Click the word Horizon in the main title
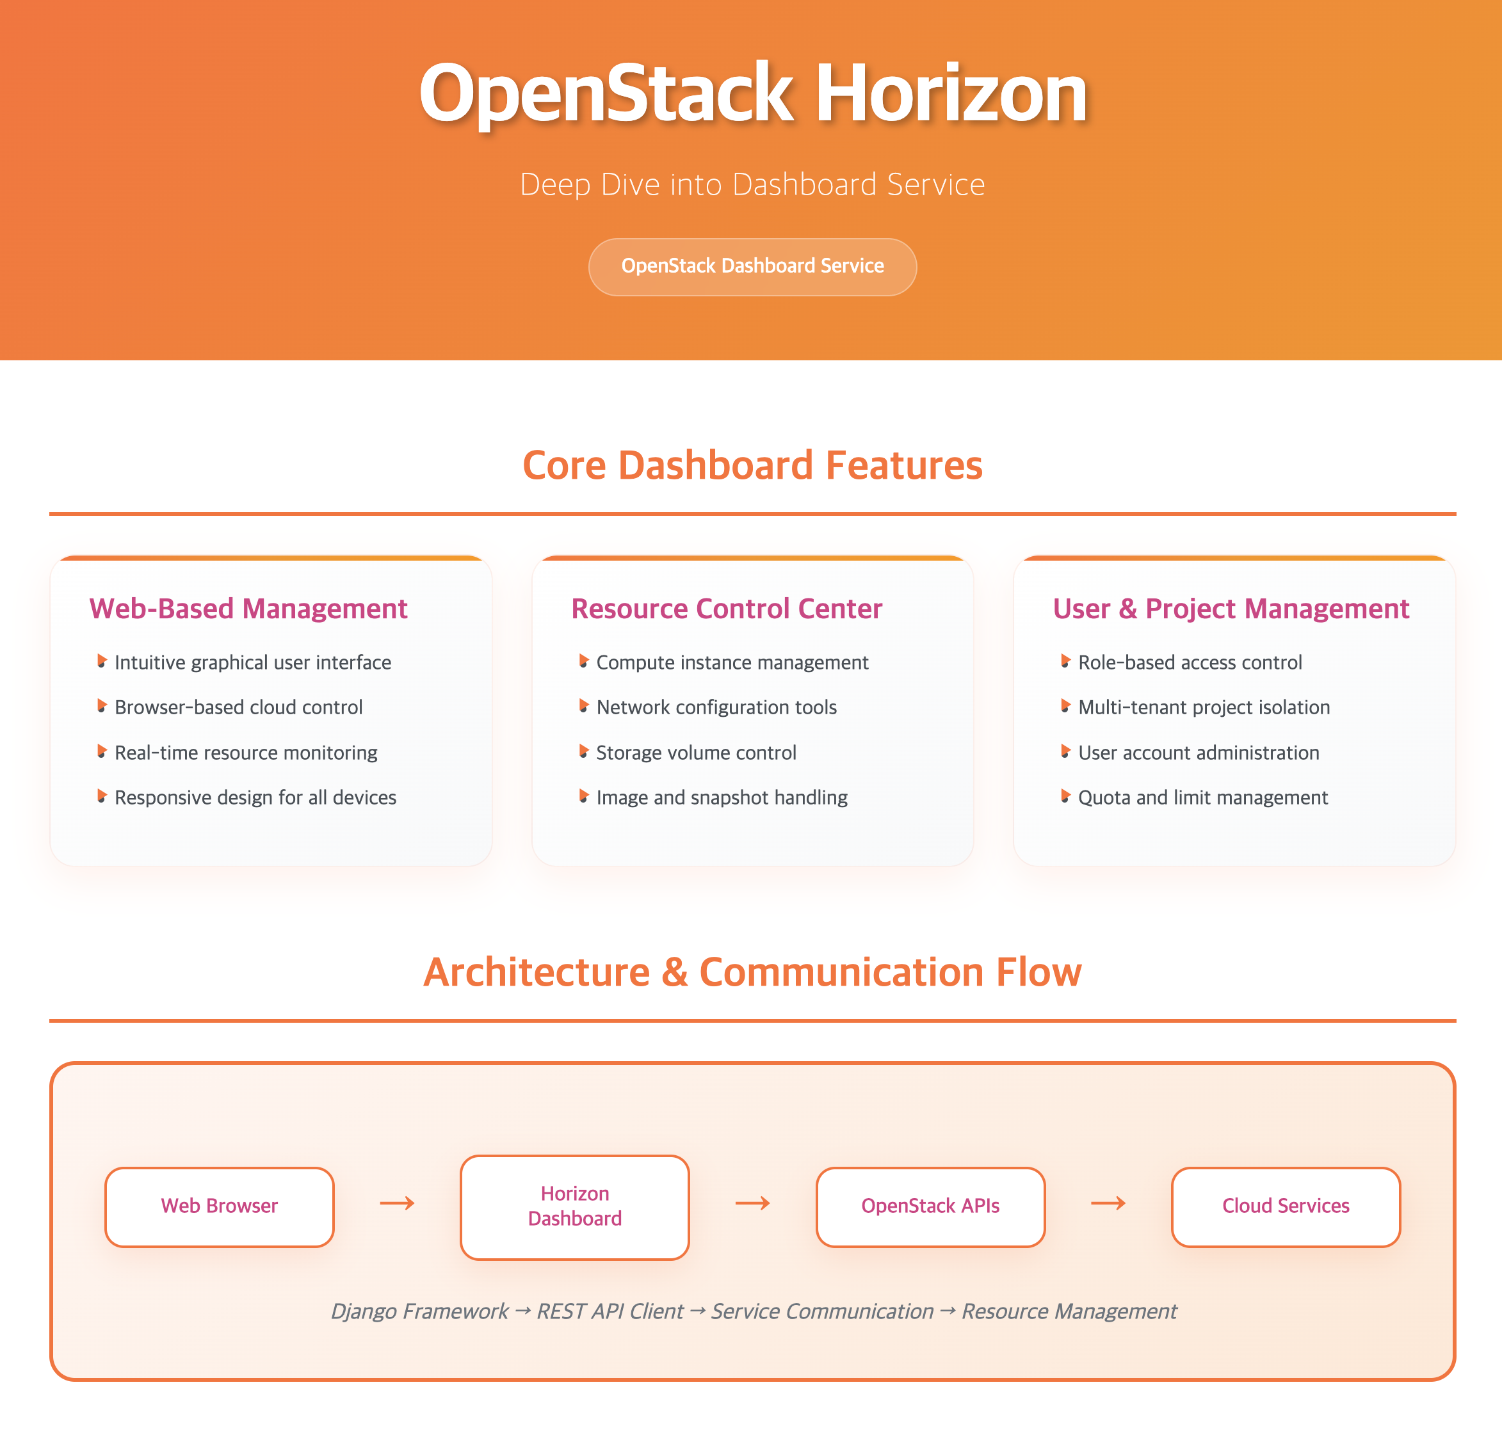950,93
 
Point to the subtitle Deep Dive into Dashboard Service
752,185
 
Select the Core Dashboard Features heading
752,465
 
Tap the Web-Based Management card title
248,609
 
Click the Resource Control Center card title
727,609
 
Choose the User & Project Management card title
1231,609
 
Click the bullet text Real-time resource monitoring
245,753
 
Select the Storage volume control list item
696,753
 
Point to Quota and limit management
1202,797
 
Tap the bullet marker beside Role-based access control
1065,660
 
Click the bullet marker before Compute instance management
583,660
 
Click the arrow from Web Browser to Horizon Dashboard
397,1203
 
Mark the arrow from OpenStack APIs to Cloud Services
1108,1203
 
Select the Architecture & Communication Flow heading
752,972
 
